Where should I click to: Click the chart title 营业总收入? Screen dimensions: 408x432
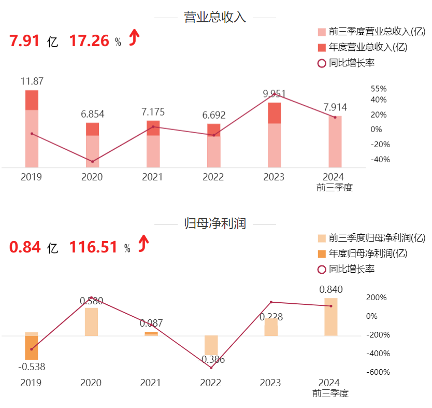215,17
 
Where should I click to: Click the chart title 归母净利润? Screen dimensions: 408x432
215,223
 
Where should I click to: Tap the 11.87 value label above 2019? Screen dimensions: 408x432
32,81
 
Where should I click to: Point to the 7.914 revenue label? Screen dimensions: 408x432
335,107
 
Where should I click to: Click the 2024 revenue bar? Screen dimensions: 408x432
335,141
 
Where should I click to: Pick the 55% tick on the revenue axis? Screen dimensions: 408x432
379,89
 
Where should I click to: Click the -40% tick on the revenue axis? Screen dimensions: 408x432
380,159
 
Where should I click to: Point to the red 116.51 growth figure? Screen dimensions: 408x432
93,248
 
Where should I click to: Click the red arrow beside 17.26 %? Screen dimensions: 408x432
134,37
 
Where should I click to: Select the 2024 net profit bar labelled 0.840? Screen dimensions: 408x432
331,317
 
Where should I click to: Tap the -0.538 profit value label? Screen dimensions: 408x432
32,367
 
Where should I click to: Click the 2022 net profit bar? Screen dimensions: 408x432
211,345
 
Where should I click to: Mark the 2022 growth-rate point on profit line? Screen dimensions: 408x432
211,368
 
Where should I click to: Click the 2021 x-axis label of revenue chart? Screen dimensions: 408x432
152,177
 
